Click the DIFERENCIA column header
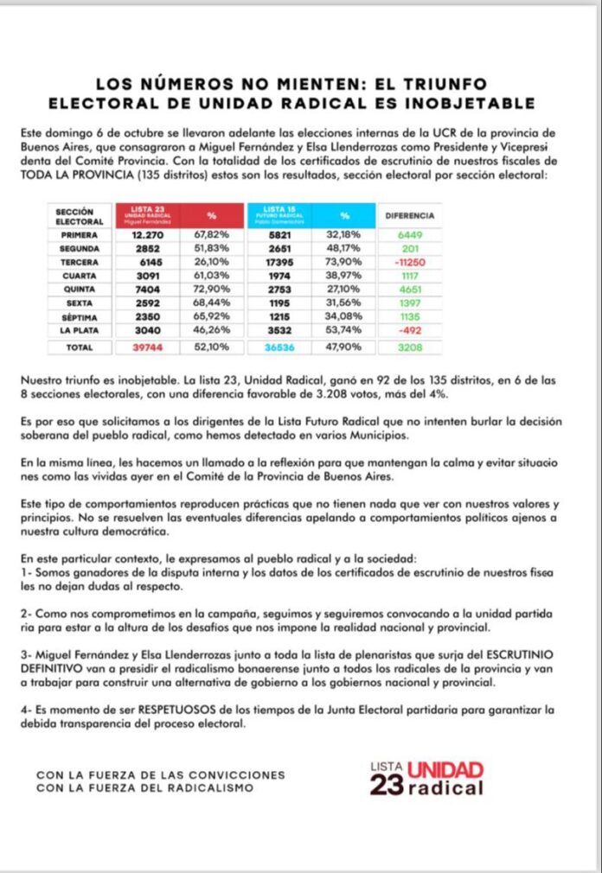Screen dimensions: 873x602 (409, 215)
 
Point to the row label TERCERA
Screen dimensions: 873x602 (80, 261)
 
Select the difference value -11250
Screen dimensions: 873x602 (409, 261)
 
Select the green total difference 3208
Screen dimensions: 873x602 (409, 347)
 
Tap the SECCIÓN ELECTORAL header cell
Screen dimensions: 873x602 (80, 215)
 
